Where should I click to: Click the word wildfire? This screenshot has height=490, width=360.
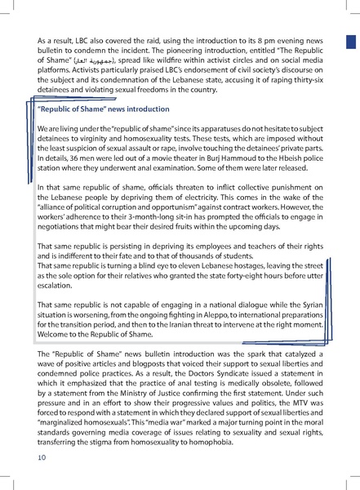coord(171,60)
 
